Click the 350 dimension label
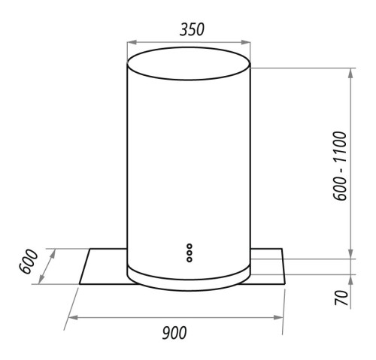click(x=192, y=29)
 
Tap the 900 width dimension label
click(x=174, y=333)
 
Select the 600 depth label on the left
click(x=29, y=262)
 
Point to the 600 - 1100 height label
click(x=340, y=166)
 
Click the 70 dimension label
click(x=341, y=298)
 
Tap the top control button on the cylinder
click(x=190, y=247)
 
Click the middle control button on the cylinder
click(x=190, y=253)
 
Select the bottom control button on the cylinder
click(x=190, y=259)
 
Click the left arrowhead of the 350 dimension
click(x=132, y=42)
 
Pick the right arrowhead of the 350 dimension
click(x=246, y=42)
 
